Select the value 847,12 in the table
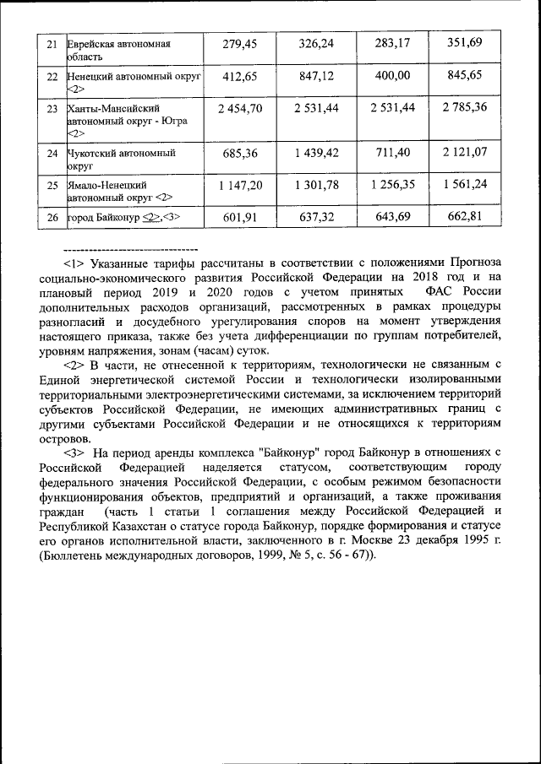pyautogui.click(x=318, y=76)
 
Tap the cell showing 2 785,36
pyautogui.click(x=464, y=107)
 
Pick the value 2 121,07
pyautogui.click(x=464, y=153)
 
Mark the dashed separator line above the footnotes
pyautogui.click(x=130, y=250)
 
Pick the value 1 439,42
pyautogui.click(x=318, y=153)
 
